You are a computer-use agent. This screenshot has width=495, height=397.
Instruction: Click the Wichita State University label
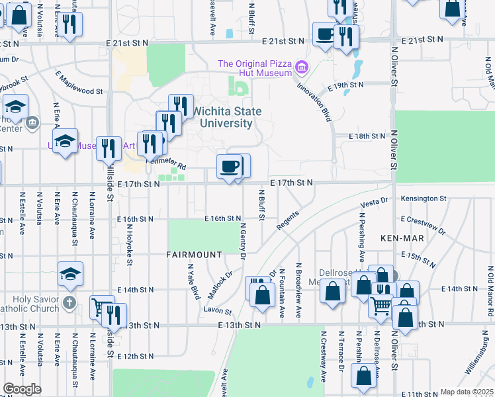(222, 117)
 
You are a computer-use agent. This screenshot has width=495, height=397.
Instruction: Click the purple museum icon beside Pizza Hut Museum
(302, 67)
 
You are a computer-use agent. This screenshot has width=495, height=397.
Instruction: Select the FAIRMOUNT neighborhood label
(194, 255)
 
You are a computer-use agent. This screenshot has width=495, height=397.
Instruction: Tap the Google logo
(22, 389)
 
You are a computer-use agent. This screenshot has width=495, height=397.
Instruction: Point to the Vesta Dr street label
(373, 201)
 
